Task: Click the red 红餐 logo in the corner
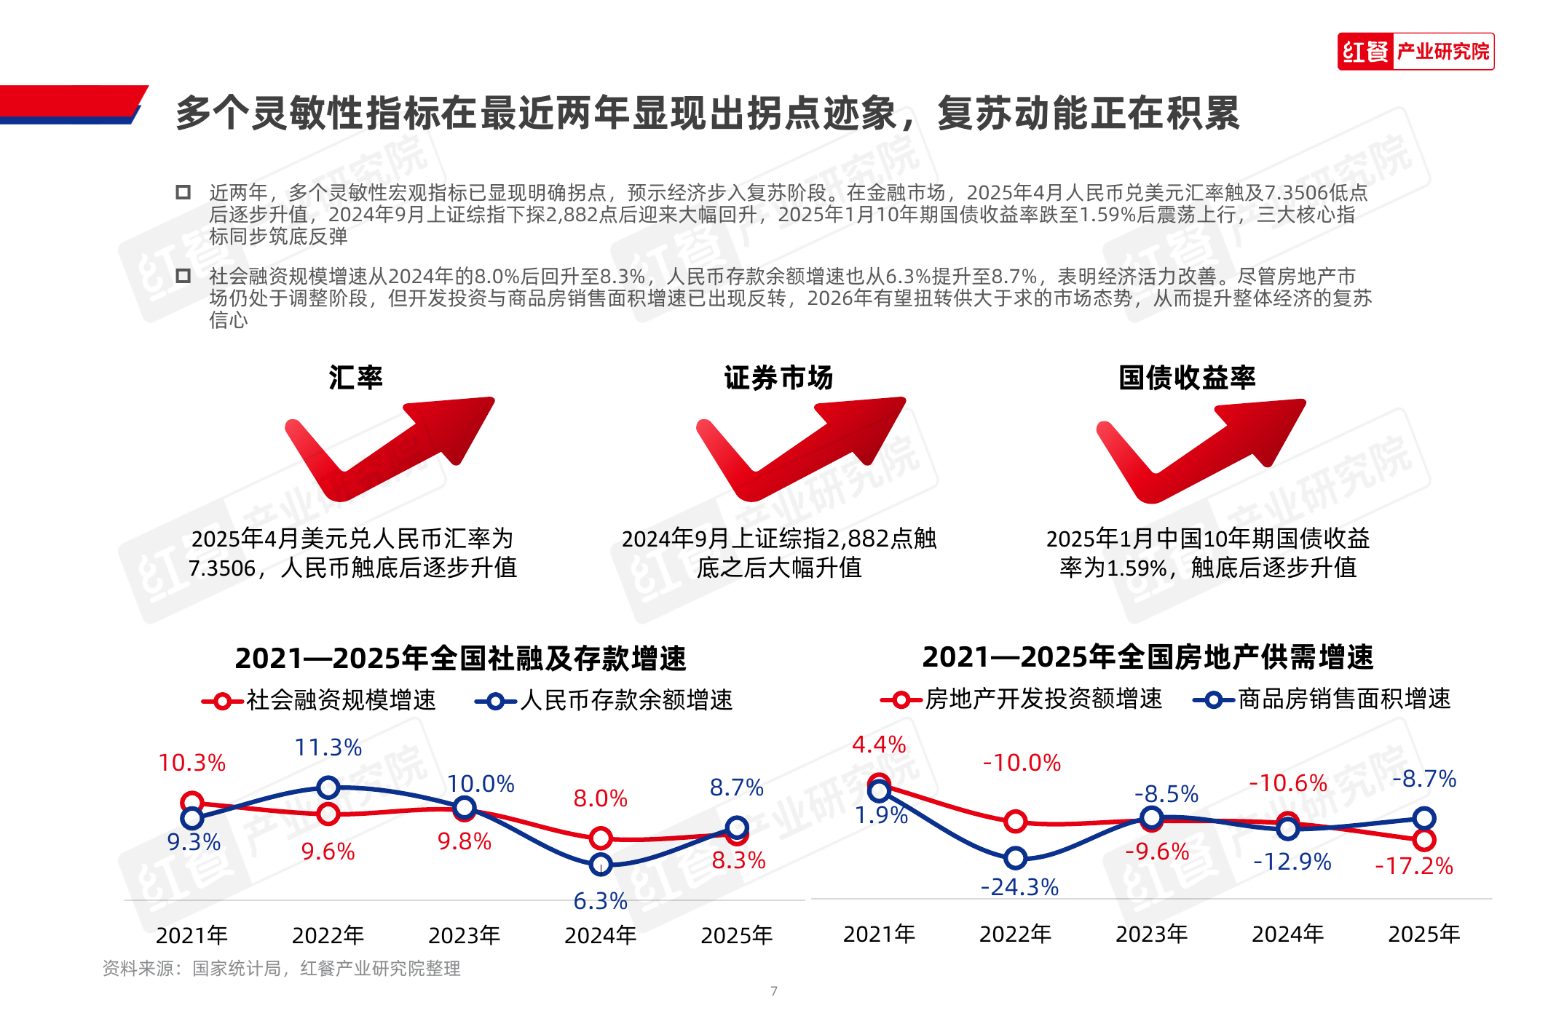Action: [1365, 52]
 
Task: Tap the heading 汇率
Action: [355, 378]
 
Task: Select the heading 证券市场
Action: [778, 378]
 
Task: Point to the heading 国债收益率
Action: [1187, 378]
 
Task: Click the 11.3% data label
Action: [328, 747]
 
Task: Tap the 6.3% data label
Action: [600, 901]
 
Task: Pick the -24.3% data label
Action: [1019, 887]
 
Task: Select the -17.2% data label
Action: [1413, 866]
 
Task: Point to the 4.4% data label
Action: [879, 745]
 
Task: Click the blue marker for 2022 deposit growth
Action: [328, 787]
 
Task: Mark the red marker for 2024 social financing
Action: [600, 838]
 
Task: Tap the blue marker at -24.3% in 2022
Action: [1015, 859]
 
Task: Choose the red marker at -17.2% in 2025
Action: [1424, 840]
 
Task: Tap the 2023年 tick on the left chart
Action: [464, 935]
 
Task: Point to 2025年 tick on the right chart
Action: [1423, 934]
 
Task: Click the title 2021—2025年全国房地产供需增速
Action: [1148, 657]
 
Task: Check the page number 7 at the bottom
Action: [774, 991]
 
